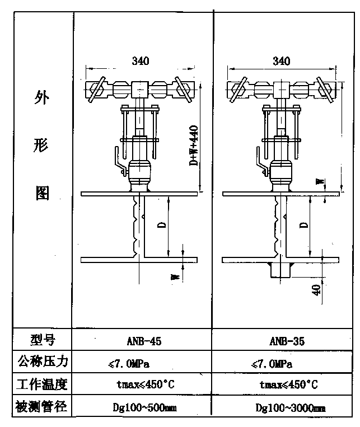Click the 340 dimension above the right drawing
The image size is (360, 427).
point(281,60)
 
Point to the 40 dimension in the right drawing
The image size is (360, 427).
point(317,290)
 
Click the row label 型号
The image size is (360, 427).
point(42,340)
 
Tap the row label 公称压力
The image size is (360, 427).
point(43,362)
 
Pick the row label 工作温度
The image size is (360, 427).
point(43,384)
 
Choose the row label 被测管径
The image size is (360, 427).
point(43,407)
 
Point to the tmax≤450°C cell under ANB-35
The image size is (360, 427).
point(289,386)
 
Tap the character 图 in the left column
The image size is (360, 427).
point(43,193)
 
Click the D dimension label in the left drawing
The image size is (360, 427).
point(161,225)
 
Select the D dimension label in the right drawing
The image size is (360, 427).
point(303,225)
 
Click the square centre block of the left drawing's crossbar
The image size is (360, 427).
point(139,89)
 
